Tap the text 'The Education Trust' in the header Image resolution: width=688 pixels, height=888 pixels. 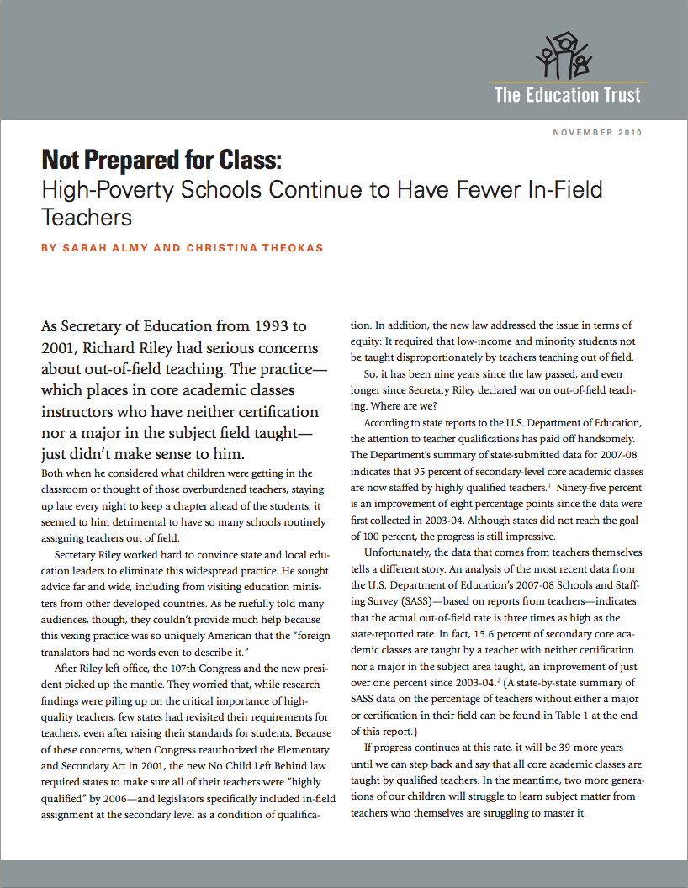pyautogui.click(x=567, y=94)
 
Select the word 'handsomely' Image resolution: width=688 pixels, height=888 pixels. pyautogui.click(x=595, y=439)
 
